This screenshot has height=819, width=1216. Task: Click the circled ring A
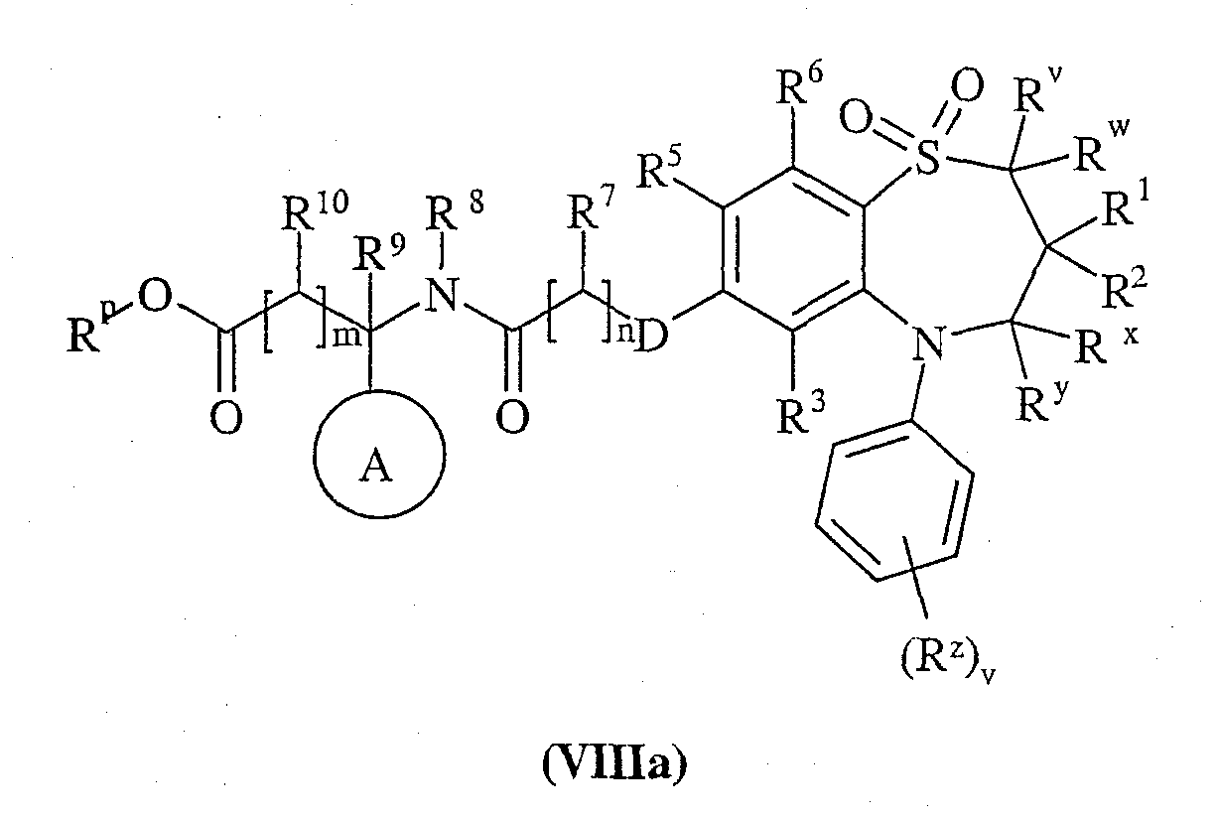pos(315,454)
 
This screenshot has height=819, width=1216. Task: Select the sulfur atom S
pos(928,156)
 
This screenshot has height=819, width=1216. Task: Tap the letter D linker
pos(651,336)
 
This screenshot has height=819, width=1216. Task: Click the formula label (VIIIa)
pos(614,764)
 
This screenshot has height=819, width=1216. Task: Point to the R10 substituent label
pos(315,211)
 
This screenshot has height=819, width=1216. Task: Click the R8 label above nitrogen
pos(455,211)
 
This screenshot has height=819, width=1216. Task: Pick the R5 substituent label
pos(658,170)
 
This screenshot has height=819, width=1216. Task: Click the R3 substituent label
pos(801,415)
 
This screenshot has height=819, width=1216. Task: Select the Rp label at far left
pos(92,330)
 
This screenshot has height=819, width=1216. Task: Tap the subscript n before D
pos(624,335)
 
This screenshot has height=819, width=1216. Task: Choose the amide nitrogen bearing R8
pos(443,296)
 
